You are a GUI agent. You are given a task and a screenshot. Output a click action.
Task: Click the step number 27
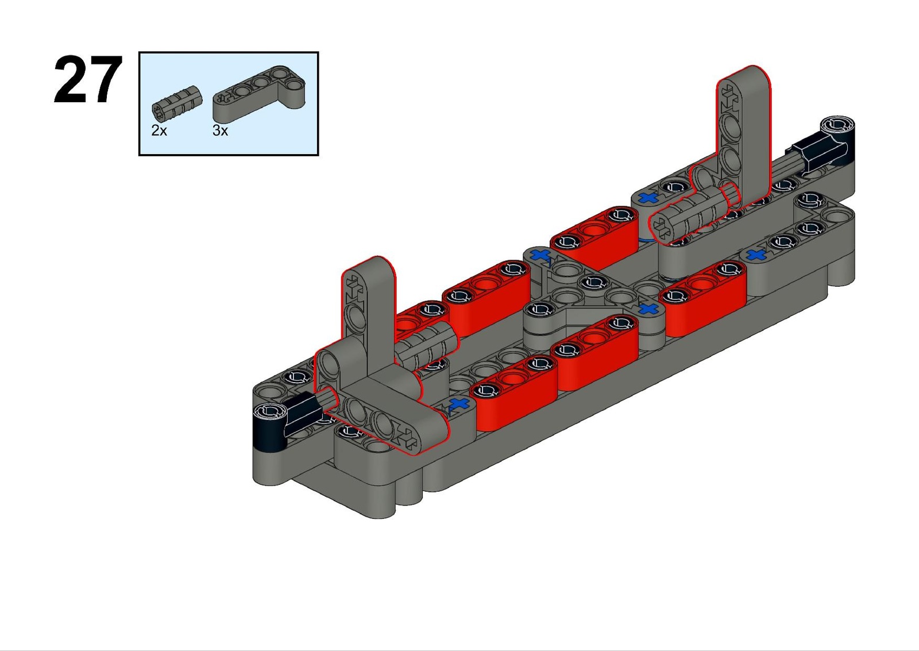click(x=88, y=79)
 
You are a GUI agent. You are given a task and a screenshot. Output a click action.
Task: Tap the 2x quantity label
click(x=159, y=130)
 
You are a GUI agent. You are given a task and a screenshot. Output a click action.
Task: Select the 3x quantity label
click(x=221, y=130)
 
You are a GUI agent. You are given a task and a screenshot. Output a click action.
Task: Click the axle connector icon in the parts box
click(x=177, y=104)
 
